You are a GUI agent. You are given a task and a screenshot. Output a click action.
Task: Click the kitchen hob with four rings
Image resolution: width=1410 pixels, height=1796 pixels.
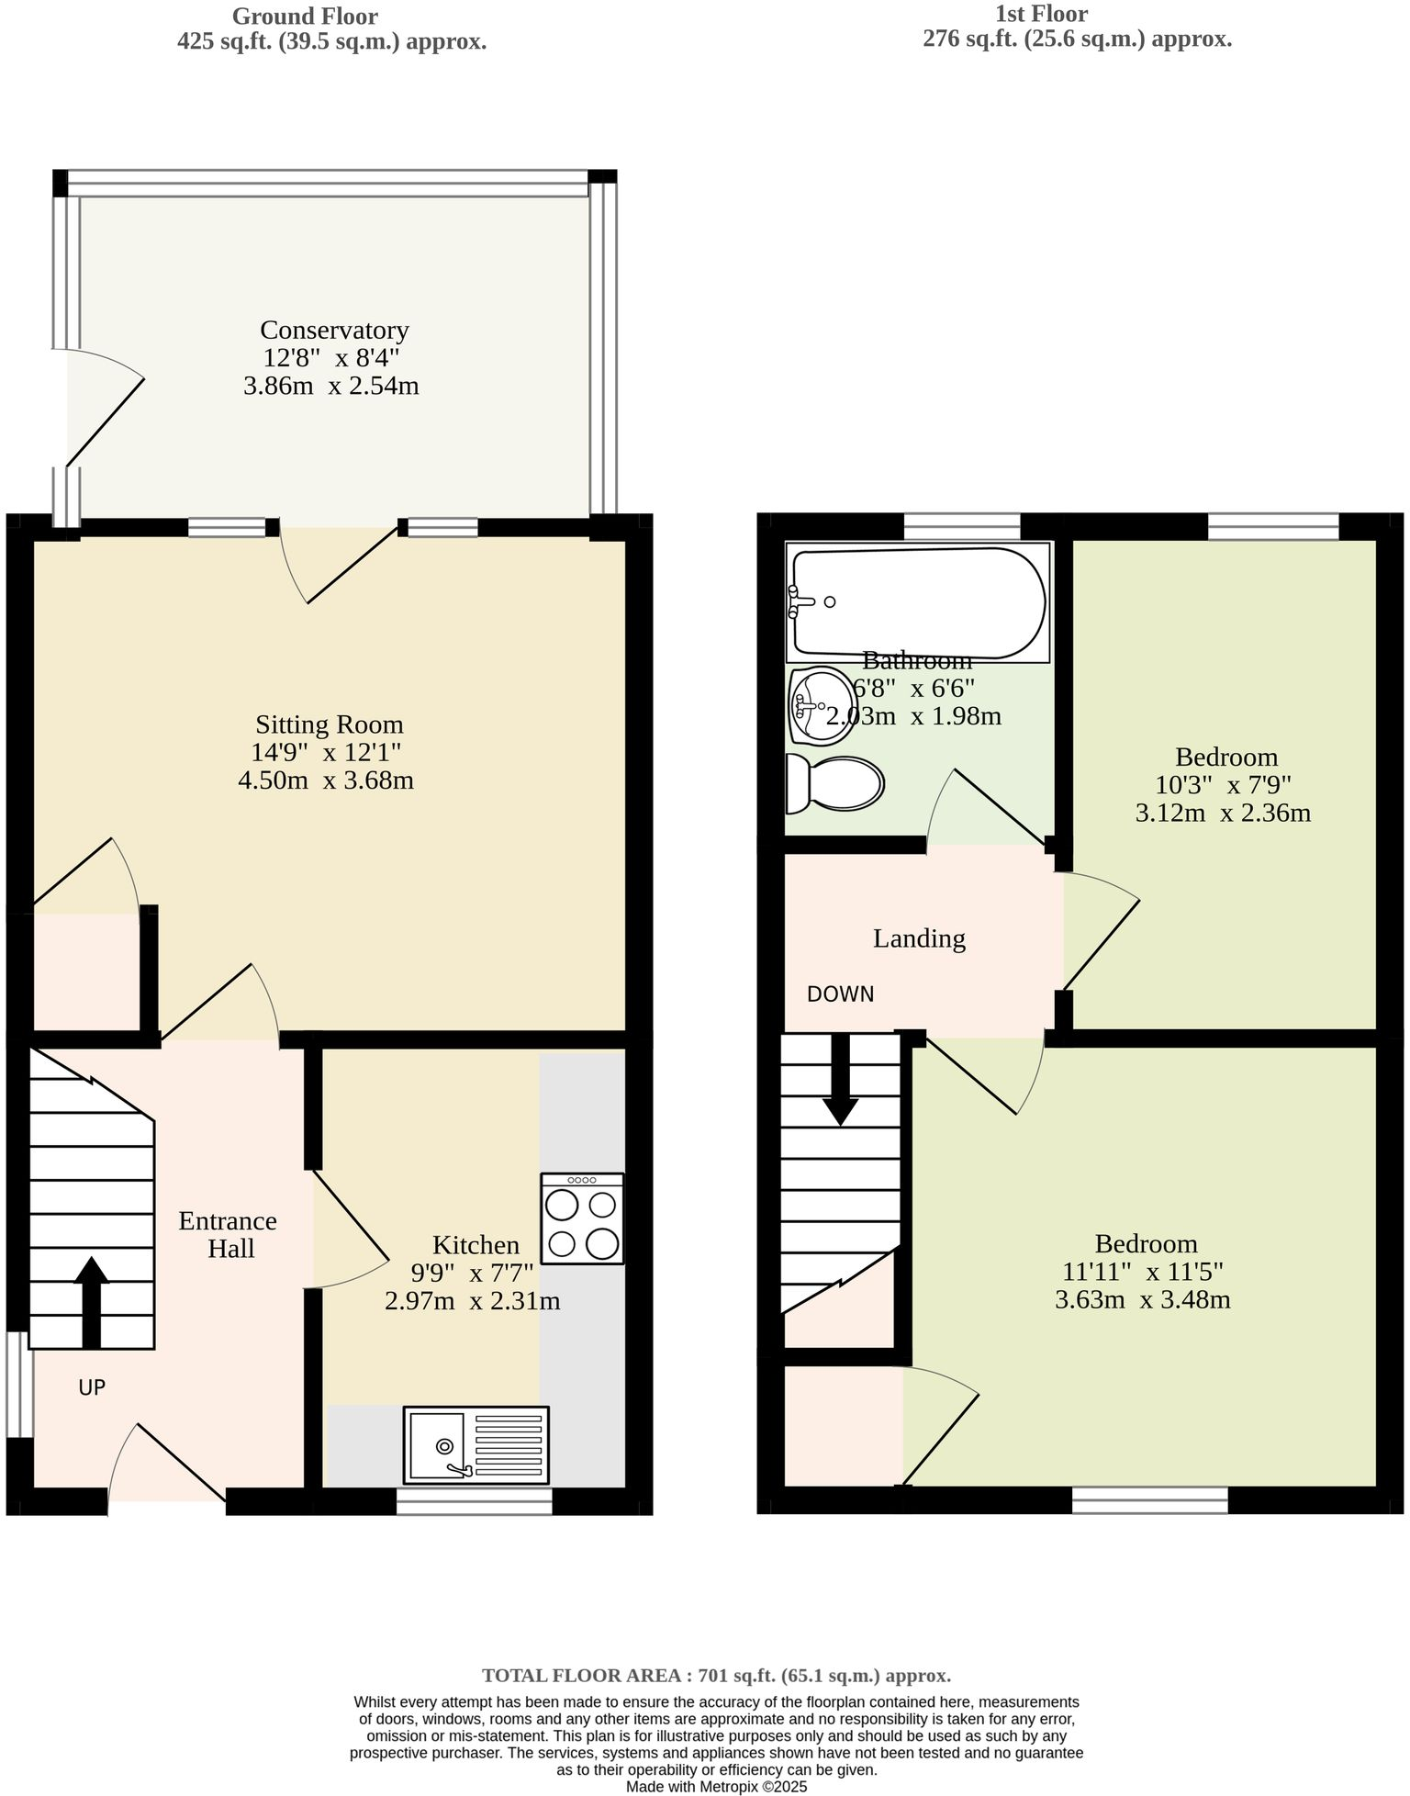582,1218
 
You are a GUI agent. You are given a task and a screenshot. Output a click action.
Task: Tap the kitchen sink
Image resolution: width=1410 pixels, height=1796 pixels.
476,1445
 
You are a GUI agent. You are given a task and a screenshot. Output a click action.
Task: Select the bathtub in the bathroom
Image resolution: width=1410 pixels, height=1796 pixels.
916,602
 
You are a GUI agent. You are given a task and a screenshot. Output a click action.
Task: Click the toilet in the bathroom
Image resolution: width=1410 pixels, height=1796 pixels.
834,784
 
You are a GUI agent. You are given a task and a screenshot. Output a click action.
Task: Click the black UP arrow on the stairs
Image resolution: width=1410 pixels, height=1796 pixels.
91,1303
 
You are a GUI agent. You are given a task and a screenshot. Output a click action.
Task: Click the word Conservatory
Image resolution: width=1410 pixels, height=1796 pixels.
334,330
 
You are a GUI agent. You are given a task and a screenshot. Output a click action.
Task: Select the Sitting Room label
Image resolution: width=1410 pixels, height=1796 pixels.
329,724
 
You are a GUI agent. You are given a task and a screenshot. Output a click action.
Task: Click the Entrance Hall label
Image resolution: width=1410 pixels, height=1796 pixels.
228,1234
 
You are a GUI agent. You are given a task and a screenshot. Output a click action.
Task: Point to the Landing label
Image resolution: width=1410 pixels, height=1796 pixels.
918,938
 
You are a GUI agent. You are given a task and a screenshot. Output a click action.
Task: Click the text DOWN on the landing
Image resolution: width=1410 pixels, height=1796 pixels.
840,994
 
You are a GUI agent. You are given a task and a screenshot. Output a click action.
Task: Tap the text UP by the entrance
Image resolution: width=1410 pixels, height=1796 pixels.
92,1387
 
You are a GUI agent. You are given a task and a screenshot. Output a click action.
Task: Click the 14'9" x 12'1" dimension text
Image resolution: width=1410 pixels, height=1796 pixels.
326,753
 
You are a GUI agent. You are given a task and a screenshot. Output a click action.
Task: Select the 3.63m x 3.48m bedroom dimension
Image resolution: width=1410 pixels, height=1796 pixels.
1142,1300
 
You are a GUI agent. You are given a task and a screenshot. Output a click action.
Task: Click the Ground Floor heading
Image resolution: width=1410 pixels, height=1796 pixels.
304,16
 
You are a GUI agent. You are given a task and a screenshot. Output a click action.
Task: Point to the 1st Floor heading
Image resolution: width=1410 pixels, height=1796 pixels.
1041,14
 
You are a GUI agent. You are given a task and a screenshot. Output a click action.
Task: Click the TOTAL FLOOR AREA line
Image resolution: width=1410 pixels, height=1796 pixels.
716,1676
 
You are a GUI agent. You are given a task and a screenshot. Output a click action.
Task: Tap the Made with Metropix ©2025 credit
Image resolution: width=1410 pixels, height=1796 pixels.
716,1787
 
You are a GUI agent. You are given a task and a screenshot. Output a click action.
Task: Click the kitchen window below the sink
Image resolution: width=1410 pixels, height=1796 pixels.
474,1500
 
